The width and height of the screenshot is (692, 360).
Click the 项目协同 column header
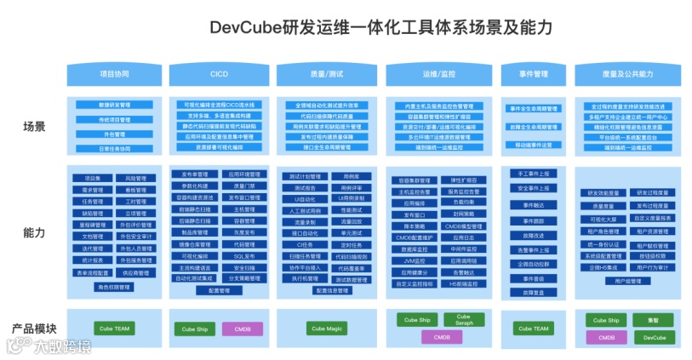click(114, 74)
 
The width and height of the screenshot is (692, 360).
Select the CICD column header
click(220, 74)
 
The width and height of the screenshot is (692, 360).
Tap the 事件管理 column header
click(533, 74)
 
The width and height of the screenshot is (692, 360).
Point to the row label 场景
click(34, 127)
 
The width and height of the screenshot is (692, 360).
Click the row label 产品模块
click(34, 328)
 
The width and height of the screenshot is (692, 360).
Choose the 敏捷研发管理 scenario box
click(114, 106)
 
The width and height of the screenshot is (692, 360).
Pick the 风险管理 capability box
click(135, 179)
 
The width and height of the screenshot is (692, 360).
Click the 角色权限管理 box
click(114, 287)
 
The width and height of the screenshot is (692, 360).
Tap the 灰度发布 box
click(243, 231)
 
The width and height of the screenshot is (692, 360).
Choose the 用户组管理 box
click(627, 280)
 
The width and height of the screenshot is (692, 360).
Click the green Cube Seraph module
click(464, 322)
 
